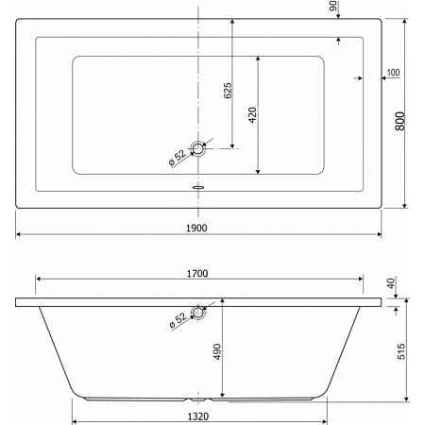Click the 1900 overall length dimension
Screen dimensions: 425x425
click(x=196, y=228)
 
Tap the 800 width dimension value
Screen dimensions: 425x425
click(x=400, y=121)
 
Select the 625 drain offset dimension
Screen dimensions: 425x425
click(x=228, y=91)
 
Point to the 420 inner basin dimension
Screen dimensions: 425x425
click(x=252, y=115)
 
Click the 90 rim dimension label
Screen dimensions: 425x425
click(x=332, y=6)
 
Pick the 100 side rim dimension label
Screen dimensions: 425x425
click(x=393, y=73)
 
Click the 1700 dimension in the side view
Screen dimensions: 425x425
click(x=197, y=274)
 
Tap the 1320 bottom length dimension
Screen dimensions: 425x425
click(x=198, y=416)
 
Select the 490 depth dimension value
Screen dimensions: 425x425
click(x=217, y=351)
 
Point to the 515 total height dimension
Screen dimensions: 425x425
click(x=401, y=351)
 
